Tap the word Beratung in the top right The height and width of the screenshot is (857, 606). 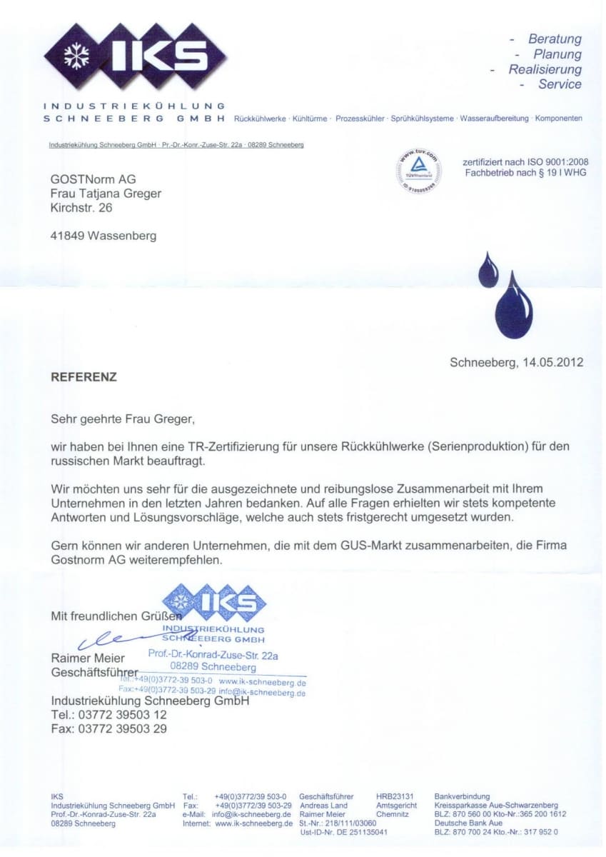pyautogui.click(x=554, y=39)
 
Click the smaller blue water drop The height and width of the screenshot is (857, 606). pyautogui.click(x=488, y=270)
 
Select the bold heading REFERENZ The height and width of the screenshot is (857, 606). pyautogui.click(x=84, y=376)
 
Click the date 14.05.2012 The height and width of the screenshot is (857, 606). pyautogui.click(x=552, y=362)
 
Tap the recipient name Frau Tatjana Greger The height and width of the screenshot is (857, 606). pyautogui.click(x=106, y=194)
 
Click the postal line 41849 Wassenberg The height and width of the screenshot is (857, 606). pyautogui.click(x=103, y=236)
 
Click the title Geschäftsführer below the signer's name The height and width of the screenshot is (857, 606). pyautogui.click(x=94, y=673)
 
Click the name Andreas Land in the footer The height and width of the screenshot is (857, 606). pyautogui.click(x=323, y=805)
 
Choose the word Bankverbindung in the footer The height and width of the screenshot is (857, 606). pyautogui.click(x=462, y=796)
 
